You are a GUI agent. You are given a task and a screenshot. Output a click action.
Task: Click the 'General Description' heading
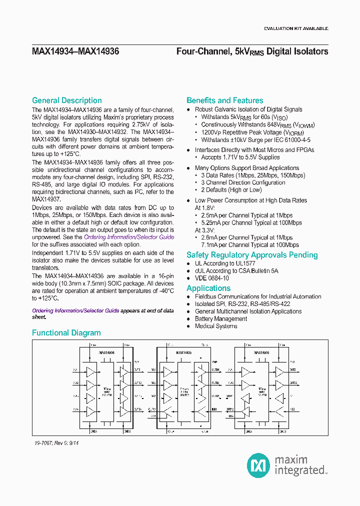pos(66,100)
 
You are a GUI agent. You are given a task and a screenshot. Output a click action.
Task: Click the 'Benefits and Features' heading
pos(224,100)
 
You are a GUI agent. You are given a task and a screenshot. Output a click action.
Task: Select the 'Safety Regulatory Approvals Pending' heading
pos(252,255)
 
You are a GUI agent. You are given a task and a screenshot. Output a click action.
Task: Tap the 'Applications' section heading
pos(208,288)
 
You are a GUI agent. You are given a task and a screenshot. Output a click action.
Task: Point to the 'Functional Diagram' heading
pos(66,333)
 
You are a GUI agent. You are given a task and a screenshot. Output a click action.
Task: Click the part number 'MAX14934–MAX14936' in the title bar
pos(75,51)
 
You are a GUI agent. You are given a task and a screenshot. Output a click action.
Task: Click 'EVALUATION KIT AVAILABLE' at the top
pos(296,28)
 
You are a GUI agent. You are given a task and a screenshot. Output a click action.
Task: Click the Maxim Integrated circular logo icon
pos(259,465)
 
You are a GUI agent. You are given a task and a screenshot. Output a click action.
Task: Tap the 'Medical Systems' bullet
pos(216,326)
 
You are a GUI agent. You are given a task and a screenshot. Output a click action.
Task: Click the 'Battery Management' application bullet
pos(221,318)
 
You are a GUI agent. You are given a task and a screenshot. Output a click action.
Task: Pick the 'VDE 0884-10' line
pos(212,278)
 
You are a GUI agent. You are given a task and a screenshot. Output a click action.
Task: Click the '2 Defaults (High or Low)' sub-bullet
pos(231,190)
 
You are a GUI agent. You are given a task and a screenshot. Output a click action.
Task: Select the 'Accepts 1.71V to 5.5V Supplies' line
pos(240,157)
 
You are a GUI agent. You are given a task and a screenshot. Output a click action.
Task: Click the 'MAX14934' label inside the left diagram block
pos(106,352)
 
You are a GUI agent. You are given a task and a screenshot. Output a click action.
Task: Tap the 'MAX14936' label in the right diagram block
pos(262,352)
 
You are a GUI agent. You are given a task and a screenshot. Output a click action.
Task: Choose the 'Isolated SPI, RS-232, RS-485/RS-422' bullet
pos(242,304)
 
